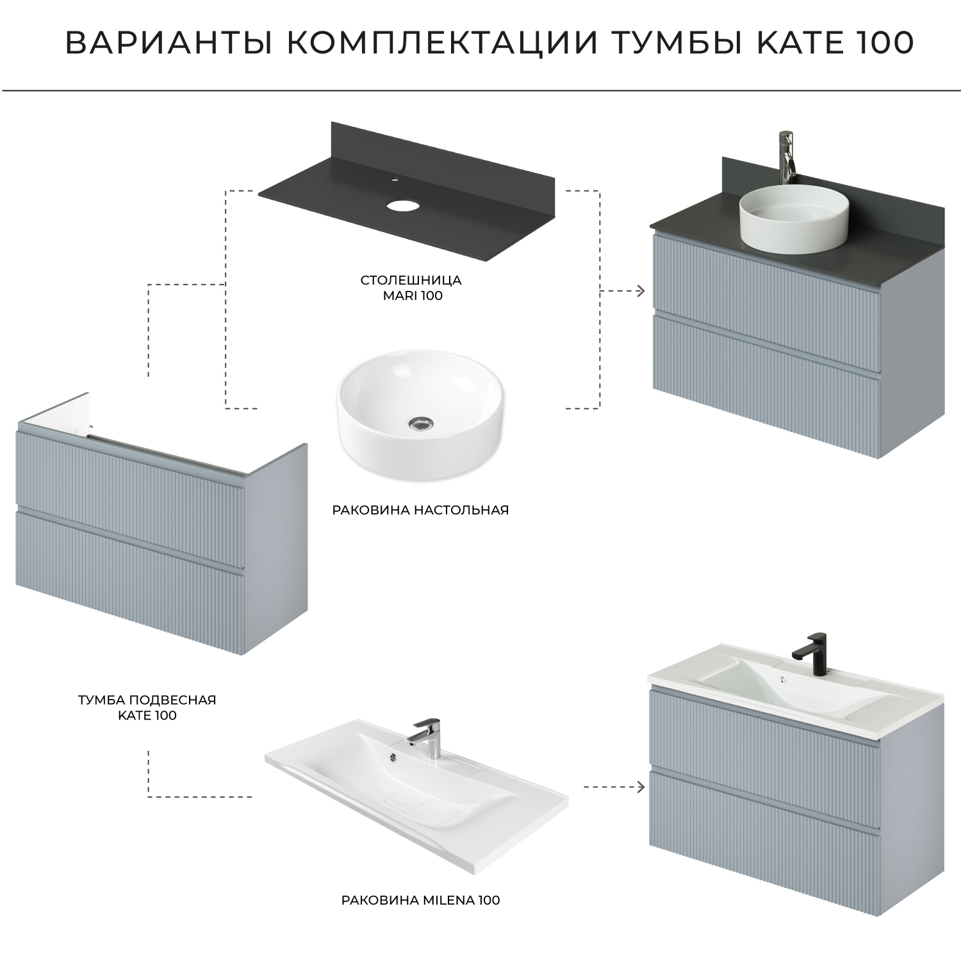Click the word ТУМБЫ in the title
point(669,43)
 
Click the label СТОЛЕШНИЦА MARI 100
point(411,288)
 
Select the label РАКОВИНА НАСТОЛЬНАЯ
point(420,510)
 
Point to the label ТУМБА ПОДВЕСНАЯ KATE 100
point(147,707)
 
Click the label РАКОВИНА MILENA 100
point(420,900)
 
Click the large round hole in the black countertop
point(402,206)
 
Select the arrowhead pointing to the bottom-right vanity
point(641,787)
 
